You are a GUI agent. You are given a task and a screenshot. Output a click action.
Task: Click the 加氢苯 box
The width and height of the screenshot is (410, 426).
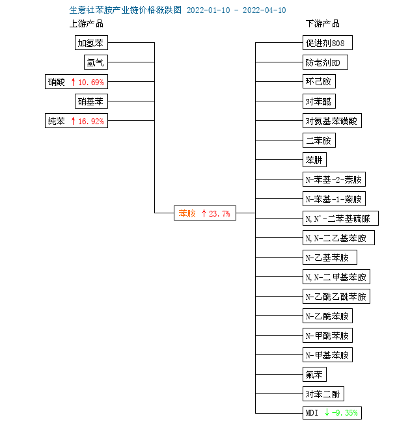pos(91,43)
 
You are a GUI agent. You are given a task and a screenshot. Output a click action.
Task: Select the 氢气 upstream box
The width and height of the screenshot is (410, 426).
pos(96,62)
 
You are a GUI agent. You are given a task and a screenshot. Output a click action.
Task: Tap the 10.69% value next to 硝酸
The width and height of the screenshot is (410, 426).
pos(91,82)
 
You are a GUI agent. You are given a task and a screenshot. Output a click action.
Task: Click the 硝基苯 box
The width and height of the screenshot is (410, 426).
pos(91,101)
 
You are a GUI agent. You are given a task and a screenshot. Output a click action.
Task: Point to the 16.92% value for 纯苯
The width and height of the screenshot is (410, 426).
pos(91,121)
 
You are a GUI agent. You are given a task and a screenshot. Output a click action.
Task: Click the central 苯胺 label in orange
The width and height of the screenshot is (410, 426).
pos(187,213)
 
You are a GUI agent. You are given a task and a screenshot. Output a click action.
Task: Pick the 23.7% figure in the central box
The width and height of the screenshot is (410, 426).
pos(219,214)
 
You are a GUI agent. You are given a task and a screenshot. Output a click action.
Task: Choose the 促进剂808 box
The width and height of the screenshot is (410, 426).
pos(327,43)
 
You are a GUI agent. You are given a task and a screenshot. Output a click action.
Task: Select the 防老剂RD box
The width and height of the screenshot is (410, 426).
pos(325,62)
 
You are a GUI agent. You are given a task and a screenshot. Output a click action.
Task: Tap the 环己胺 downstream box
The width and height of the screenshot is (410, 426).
pos(319,81)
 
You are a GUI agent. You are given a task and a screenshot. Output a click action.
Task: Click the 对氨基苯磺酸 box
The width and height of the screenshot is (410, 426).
pos(333,120)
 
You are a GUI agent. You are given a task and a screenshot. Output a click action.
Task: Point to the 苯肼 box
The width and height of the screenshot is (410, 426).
pos(314,160)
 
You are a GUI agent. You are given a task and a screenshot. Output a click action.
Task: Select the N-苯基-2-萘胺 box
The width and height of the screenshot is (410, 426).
pos(334,180)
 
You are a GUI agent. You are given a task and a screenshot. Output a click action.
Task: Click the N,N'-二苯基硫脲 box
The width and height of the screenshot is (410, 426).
pos(340,218)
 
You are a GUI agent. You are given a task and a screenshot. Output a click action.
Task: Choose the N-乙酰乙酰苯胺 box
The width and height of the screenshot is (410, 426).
pos(336,297)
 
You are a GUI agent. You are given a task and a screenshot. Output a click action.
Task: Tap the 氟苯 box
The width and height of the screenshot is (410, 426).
pos(314,375)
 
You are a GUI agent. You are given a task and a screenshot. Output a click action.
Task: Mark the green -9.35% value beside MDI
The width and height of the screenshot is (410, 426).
pos(345,413)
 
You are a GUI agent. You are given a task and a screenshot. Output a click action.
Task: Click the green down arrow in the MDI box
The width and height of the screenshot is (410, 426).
pos(327,413)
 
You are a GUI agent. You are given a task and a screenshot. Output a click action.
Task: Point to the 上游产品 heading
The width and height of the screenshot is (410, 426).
pos(87,23)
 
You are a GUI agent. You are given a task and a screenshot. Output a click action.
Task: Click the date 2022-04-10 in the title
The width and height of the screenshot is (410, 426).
pos(264,10)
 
